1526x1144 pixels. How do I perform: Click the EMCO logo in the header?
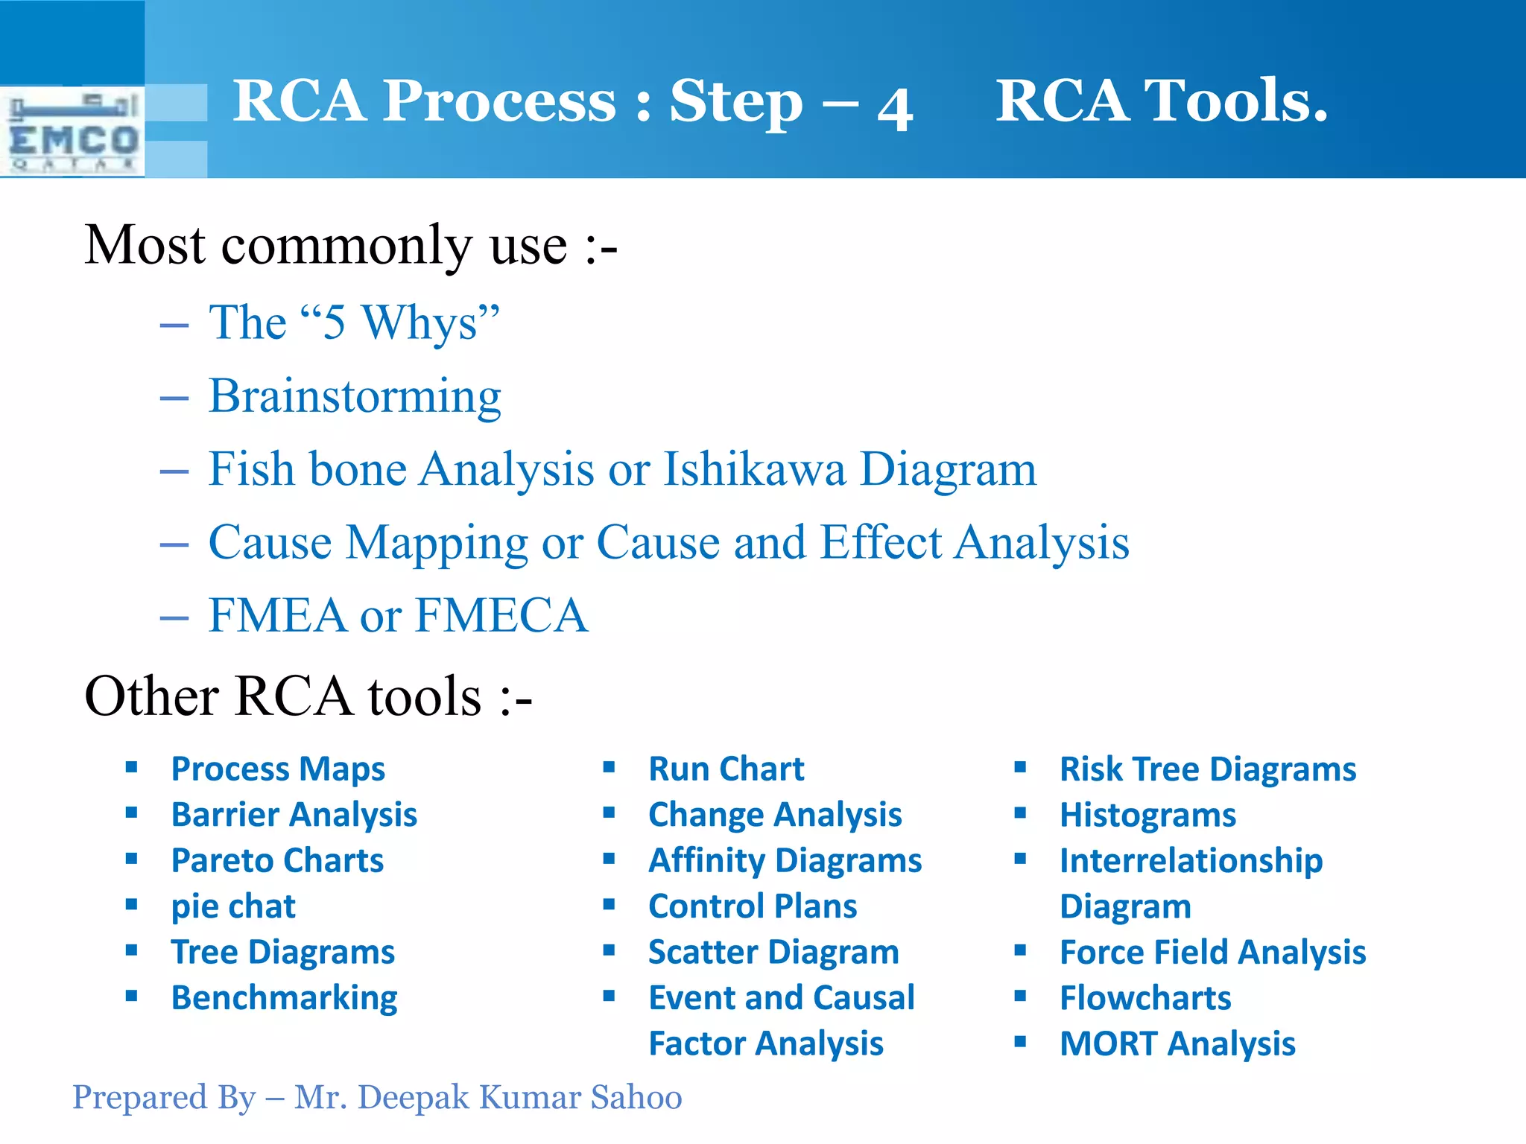click(72, 133)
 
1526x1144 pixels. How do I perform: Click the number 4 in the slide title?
click(895, 108)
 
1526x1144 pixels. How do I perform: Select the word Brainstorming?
click(355, 396)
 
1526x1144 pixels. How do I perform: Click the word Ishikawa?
click(755, 469)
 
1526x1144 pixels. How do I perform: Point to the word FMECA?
click(501, 616)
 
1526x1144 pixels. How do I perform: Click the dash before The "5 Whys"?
click(174, 325)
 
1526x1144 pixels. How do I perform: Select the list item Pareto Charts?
click(277, 861)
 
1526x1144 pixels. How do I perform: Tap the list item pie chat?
click(233, 906)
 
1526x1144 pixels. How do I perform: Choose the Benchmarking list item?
click(284, 998)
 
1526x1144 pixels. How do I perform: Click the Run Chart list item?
click(726, 769)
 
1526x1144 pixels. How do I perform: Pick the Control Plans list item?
click(753, 906)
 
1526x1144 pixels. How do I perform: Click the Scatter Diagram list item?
click(773, 953)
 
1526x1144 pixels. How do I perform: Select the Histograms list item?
click(1147, 815)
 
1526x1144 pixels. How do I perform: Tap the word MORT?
click(1108, 1043)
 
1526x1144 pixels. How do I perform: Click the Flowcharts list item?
click(1145, 998)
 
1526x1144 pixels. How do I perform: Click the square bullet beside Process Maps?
click(132, 768)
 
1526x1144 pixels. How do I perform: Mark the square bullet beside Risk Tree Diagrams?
click(1020, 768)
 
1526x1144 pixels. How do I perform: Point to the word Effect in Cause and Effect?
click(881, 542)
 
